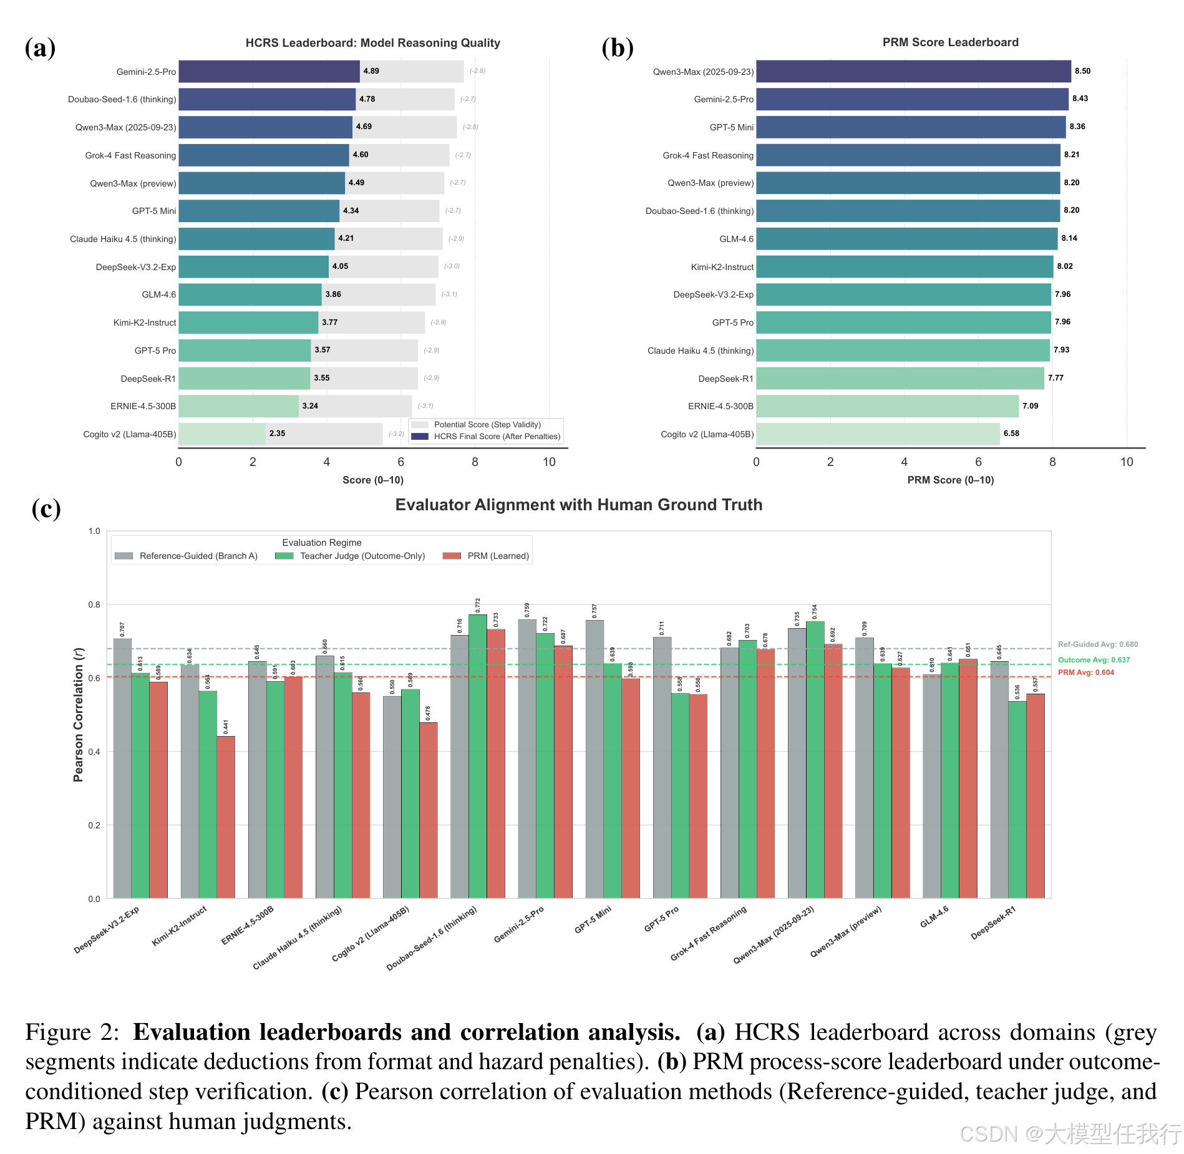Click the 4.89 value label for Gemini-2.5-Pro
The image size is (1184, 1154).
[371, 71]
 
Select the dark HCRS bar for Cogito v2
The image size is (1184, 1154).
[222, 434]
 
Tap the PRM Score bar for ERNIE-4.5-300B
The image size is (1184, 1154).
[886, 406]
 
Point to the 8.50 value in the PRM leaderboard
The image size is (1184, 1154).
[1082, 71]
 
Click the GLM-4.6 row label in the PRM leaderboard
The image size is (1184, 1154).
[736, 239]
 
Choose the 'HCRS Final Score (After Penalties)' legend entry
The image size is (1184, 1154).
[497, 437]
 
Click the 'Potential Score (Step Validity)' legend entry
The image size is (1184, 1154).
[487, 425]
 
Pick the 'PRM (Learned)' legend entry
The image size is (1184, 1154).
[498, 556]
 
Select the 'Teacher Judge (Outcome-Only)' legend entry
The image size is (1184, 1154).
[362, 556]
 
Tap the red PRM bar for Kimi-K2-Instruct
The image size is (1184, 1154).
[226, 817]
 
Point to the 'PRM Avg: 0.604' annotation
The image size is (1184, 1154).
[1085, 672]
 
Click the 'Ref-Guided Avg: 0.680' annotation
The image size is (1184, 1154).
[1097, 644]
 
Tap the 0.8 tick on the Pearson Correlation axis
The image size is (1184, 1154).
[94, 604]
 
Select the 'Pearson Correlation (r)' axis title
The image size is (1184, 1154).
[78, 714]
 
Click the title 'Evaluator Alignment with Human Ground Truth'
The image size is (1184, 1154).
[578, 505]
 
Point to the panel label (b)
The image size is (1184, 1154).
[617, 48]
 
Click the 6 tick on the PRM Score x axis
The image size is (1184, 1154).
[978, 462]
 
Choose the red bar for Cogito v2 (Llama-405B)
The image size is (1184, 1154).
[429, 810]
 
